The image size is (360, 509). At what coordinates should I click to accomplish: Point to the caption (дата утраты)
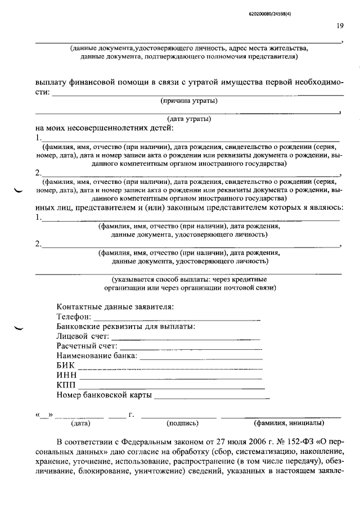(189, 119)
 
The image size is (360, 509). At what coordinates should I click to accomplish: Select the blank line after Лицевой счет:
(186, 338)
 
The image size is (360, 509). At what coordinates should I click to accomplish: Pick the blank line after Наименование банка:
(200, 358)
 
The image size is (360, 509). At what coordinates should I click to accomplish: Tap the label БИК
(66, 366)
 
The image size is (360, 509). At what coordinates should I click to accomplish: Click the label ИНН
(67, 375)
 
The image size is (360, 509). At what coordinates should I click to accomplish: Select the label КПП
(66, 385)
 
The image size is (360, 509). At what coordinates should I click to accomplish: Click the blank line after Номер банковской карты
(211, 397)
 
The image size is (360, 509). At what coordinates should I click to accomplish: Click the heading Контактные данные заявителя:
(115, 307)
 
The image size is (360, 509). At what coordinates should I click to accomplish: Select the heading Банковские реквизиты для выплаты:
(126, 326)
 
